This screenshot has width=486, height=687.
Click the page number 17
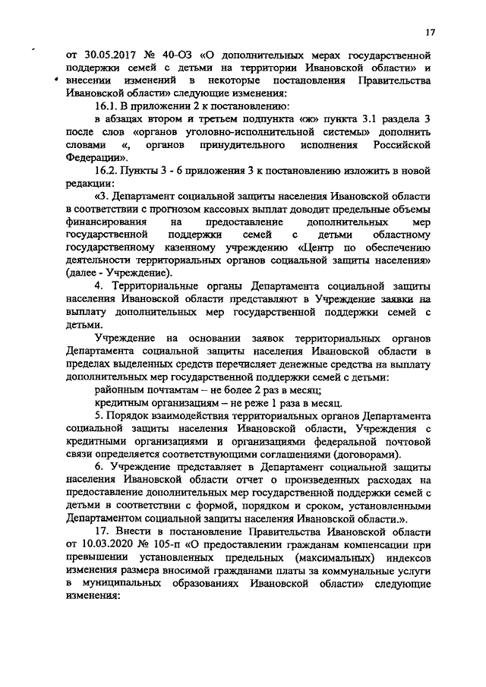click(x=428, y=33)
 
